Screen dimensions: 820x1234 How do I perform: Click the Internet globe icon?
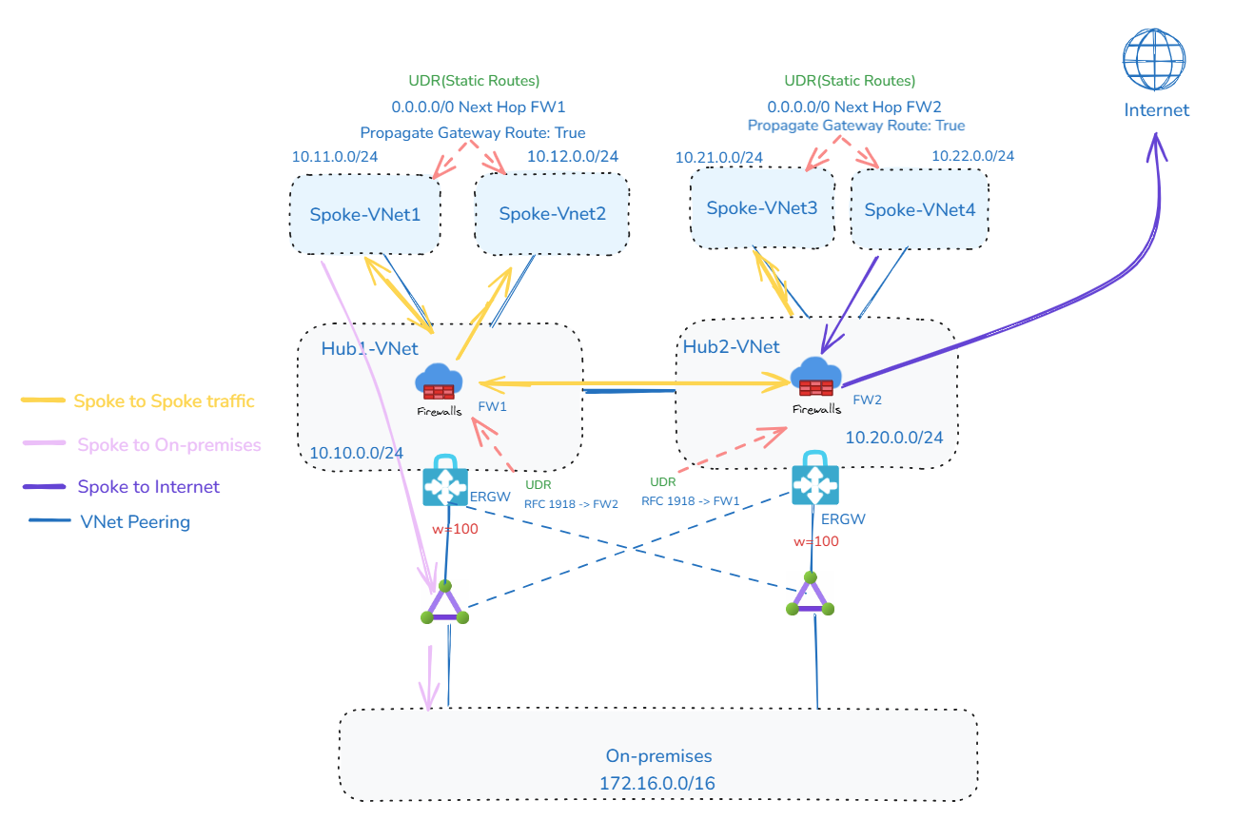coord(1154,59)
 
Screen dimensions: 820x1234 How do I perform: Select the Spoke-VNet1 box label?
coord(365,214)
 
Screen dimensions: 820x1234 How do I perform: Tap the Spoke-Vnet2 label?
coord(552,214)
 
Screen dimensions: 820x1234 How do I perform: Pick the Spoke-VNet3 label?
coord(761,207)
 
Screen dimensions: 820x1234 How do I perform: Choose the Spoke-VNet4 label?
coord(919,210)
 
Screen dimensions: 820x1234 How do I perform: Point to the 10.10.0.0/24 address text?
coord(356,453)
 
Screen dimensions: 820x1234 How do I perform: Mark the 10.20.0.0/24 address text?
coord(894,437)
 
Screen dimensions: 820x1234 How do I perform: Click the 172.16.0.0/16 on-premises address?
coord(658,784)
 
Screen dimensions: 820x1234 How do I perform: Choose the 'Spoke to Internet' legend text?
coord(148,487)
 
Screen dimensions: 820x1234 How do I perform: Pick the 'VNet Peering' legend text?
coord(135,521)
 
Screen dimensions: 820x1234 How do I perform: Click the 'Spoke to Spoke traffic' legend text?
coord(165,401)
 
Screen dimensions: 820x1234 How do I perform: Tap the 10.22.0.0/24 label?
coord(972,156)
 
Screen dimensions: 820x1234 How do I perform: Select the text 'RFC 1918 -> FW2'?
coord(571,504)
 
